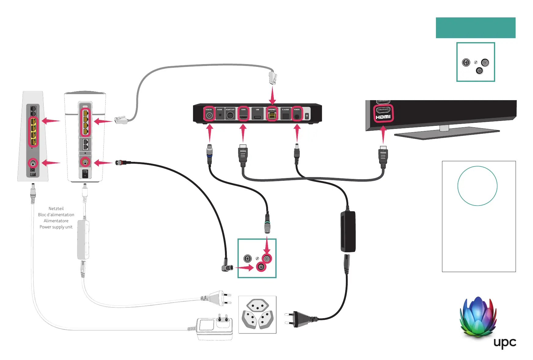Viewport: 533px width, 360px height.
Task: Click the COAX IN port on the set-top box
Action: pyautogui.click(x=209, y=115)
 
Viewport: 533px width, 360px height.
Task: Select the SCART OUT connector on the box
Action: pyautogui.click(x=230, y=115)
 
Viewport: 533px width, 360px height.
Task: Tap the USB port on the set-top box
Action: pyautogui.click(x=257, y=116)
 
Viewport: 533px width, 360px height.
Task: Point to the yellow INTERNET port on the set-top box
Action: pyautogui.click(x=272, y=115)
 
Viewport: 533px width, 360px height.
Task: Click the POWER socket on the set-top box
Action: pyautogui.click(x=296, y=116)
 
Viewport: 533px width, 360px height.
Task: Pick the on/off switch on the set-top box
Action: pyautogui.click(x=307, y=116)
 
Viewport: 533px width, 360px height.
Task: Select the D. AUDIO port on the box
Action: pyautogui.click(x=285, y=116)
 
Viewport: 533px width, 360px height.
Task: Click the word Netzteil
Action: pyautogui.click(x=56, y=209)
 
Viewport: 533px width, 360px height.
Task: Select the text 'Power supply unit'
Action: pyautogui.click(x=56, y=227)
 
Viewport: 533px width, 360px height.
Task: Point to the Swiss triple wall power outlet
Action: pyautogui.click(x=257, y=315)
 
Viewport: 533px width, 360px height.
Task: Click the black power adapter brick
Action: pyautogui.click(x=348, y=231)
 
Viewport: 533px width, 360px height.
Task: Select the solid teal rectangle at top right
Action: pyautogui.click(x=475, y=28)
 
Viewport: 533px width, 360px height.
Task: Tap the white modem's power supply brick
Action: pyautogui.click(x=83, y=240)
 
